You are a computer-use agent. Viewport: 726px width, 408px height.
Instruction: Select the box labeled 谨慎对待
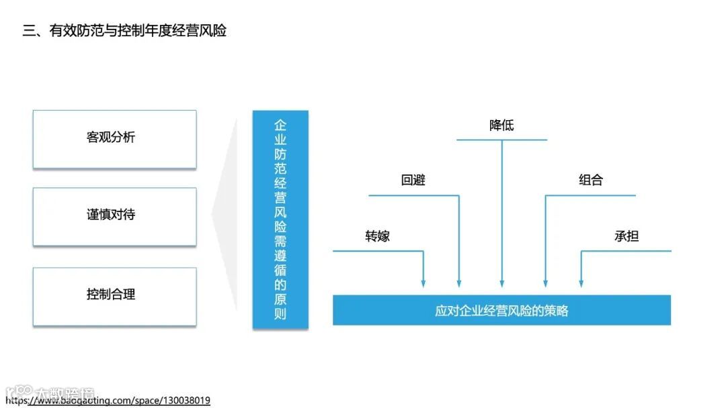[x=114, y=216]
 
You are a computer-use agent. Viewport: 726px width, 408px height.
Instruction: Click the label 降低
[x=501, y=125]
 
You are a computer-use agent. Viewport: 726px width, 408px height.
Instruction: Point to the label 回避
[x=413, y=180]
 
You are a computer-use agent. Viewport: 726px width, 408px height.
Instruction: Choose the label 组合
[x=591, y=180]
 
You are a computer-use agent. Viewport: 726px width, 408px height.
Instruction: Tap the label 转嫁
[x=377, y=236]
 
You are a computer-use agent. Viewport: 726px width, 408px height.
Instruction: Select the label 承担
[x=627, y=236]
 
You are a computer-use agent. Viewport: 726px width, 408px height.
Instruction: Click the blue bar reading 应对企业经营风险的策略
[x=501, y=311]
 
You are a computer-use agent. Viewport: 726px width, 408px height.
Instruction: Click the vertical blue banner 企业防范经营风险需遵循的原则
[x=280, y=219]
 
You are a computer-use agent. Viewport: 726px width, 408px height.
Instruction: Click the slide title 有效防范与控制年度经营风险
[x=124, y=31]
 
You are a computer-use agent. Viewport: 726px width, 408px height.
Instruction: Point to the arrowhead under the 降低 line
[x=501, y=284]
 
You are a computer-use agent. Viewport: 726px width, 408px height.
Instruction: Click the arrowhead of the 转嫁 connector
[x=424, y=284]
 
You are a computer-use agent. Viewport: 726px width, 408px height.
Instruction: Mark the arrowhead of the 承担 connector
[x=581, y=284]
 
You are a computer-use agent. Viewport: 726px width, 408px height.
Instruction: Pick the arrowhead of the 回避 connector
[x=459, y=284]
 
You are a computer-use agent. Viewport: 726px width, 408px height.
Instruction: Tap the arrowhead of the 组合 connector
[x=545, y=284]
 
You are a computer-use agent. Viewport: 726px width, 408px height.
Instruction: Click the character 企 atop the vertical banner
[x=280, y=125]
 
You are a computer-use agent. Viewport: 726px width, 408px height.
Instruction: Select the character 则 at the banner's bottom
[x=280, y=313]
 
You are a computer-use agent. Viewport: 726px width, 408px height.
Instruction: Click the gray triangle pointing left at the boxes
[x=226, y=215]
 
